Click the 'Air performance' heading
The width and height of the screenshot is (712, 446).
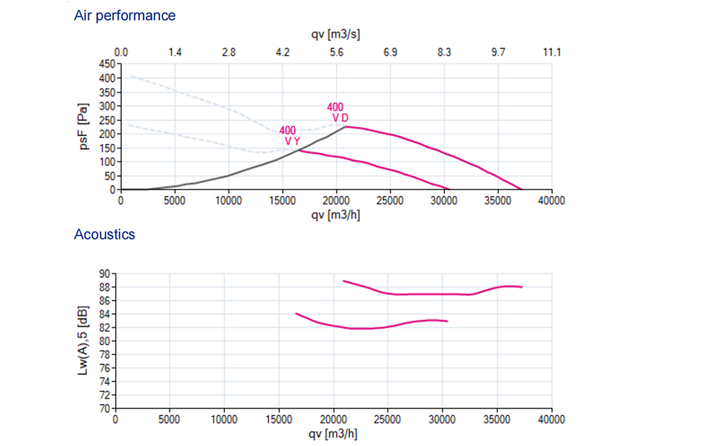pos(125,15)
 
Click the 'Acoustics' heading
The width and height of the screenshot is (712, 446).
pos(104,234)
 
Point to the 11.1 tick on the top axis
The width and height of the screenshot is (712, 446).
pos(552,52)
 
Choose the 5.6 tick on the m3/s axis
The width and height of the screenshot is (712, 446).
pos(337,52)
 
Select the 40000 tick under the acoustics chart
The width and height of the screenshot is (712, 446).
pos(550,420)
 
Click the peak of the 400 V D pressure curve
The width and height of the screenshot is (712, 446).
pos(346,127)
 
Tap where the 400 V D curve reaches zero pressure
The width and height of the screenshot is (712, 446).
pos(522,190)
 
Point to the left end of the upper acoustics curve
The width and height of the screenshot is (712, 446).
pos(344,281)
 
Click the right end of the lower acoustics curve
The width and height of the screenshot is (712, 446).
pos(447,321)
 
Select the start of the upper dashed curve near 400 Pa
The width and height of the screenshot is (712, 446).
pos(130,76)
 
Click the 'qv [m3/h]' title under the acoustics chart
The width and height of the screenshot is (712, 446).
pos(333,433)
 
